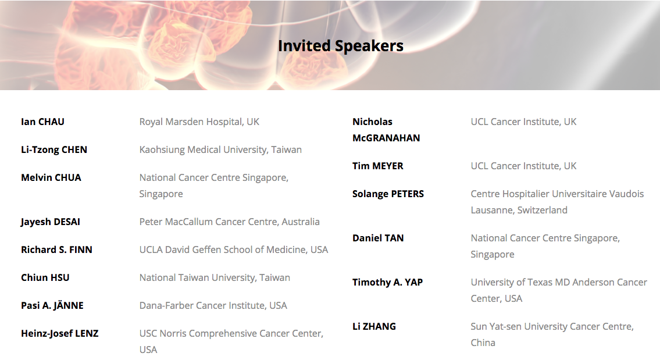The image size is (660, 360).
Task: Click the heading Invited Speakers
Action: click(341, 46)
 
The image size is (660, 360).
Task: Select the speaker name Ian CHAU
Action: click(42, 122)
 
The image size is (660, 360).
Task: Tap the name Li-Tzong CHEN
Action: click(54, 150)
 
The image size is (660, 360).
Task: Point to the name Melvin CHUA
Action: click(51, 178)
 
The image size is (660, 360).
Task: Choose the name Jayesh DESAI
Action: click(51, 222)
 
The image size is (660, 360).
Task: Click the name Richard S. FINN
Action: click(56, 249)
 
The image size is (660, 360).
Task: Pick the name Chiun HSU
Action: click(45, 277)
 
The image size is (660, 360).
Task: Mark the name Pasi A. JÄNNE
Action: click(52, 305)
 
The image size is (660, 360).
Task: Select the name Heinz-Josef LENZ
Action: click(60, 333)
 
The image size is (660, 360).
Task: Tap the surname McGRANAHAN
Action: click(386, 138)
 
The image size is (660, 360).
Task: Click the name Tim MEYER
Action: click(377, 166)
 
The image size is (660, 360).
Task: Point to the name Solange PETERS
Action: click(388, 194)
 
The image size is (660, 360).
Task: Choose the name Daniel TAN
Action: click(378, 238)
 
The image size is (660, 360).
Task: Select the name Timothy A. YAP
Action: click(388, 282)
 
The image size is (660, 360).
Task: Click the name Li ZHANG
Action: click(374, 326)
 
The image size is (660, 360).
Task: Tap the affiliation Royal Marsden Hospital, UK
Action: click(199, 122)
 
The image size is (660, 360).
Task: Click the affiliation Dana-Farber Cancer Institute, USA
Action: click(213, 305)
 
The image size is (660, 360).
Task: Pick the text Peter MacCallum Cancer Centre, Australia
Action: click(229, 222)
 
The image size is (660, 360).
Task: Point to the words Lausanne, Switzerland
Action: click(519, 210)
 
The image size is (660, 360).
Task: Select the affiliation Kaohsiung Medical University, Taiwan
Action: click(220, 150)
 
